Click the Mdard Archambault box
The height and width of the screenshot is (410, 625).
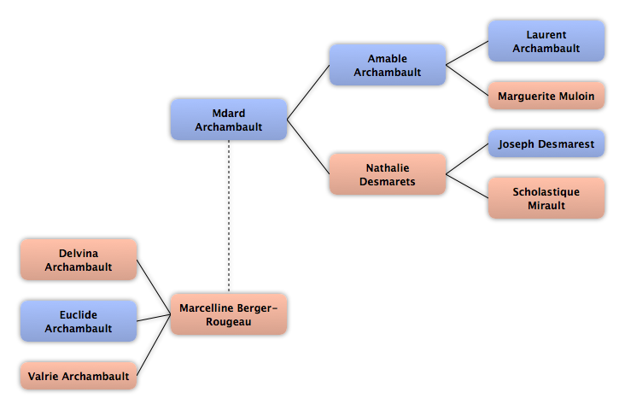229,120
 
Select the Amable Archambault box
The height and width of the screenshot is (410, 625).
388,65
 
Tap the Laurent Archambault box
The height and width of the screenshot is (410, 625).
546,41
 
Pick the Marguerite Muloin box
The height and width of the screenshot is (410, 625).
546,96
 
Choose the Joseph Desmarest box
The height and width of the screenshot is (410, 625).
546,143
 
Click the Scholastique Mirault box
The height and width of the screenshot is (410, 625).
546,198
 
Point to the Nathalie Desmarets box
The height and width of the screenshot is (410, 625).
388,174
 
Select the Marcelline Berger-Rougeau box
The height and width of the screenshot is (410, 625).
229,314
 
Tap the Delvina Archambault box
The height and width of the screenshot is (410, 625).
79,260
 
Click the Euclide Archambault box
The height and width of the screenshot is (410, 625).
79,321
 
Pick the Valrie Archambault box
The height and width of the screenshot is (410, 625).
79,376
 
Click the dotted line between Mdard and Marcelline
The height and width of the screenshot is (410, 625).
229,217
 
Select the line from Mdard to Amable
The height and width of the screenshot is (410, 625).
308,92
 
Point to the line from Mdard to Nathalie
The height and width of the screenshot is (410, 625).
308,147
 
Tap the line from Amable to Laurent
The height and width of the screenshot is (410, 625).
467,53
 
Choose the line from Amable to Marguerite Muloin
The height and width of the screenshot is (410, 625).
467,80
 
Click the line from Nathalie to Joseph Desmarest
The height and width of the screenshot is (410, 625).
467,159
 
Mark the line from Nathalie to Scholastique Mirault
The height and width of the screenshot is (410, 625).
467,186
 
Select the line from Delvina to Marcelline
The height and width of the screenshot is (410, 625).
154,287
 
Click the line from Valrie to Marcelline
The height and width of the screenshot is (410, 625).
154,345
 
